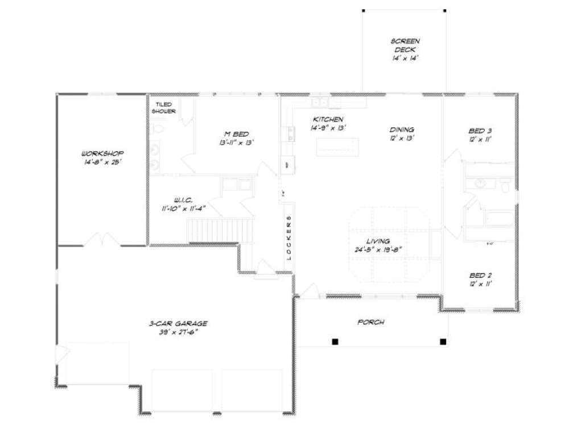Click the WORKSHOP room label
point(102,154)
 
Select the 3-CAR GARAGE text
point(179,324)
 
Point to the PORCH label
point(370,322)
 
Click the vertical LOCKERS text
point(288,238)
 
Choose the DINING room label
point(402,130)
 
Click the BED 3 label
point(480,131)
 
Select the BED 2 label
point(480,276)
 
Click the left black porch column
point(335,341)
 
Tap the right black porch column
point(443,341)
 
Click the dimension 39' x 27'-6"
point(179,333)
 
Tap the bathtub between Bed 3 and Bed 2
point(498,218)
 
